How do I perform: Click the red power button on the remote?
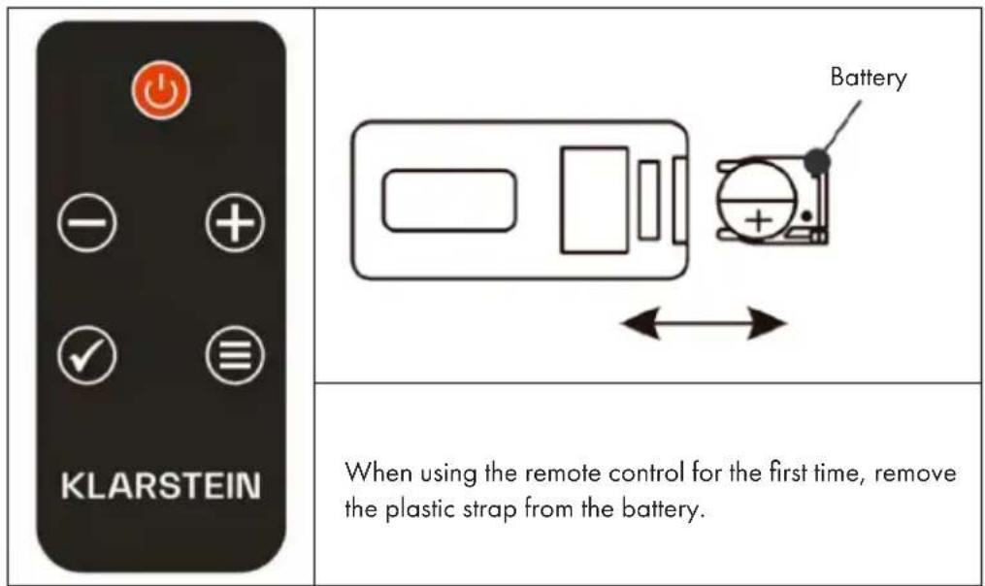tap(161, 92)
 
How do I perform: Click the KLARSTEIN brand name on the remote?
tap(161, 485)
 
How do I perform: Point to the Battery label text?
tap(868, 78)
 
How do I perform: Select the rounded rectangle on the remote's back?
tap(447, 200)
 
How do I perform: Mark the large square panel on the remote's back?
tap(594, 200)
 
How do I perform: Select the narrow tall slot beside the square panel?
tap(649, 200)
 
